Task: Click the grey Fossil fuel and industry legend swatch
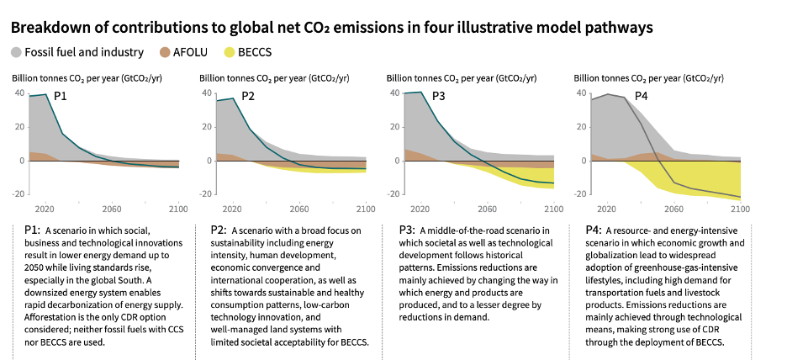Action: [17, 52]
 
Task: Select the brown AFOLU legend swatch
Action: [162, 52]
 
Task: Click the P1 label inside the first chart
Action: [61, 97]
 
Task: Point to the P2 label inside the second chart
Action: [248, 97]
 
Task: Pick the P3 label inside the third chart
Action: [438, 97]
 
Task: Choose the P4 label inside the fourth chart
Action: [641, 97]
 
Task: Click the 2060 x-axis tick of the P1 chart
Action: [111, 209]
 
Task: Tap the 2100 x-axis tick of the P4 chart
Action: [740, 209]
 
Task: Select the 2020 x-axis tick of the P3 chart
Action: [420, 209]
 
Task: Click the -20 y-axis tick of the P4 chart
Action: [581, 193]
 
